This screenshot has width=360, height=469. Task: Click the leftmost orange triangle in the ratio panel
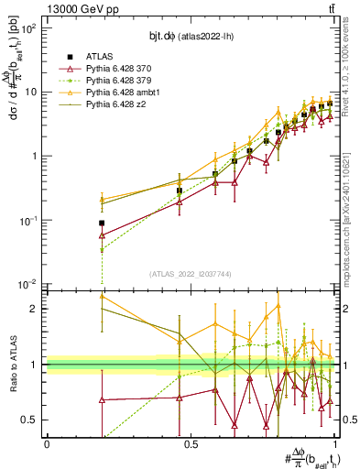click(x=102, y=297)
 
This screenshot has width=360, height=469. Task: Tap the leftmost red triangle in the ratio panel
click(x=102, y=400)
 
